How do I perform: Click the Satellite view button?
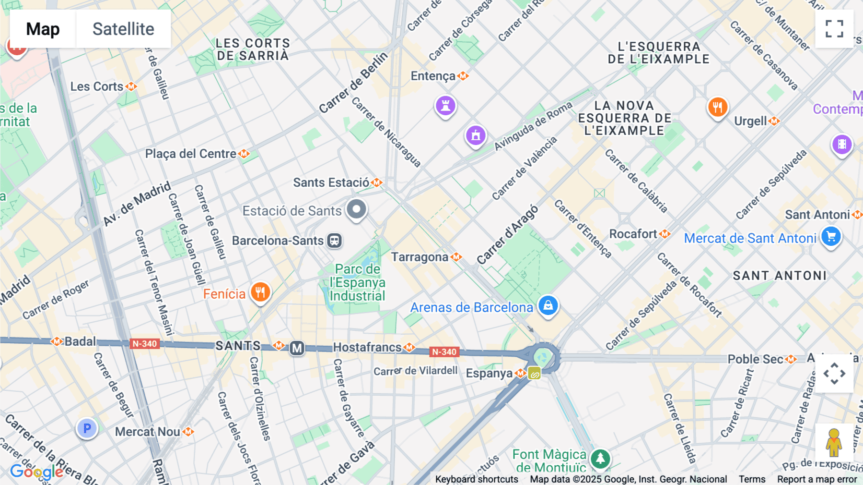pos(123,29)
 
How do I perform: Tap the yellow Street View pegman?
pos(834,443)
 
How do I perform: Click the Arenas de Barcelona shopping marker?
pos(548,305)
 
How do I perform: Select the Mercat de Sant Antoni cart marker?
pos(831,237)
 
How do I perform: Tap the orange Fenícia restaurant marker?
pos(260,292)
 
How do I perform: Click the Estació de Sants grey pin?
pos(356,209)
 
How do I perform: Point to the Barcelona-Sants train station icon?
pos(334,241)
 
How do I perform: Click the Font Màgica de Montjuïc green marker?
pos(600,459)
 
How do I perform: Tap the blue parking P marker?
pos(87,428)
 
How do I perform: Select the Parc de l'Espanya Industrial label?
pos(358,282)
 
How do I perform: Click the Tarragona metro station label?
pos(420,257)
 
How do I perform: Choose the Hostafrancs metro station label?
pos(367,347)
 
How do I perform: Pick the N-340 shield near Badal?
pos(144,344)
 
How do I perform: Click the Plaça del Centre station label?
pos(191,154)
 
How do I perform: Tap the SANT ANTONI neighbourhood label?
pos(780,276)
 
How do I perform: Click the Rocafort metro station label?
pos(633,234)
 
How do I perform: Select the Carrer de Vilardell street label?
pos(415,371)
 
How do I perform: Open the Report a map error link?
pos(817,479)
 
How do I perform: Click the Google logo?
pos(36,472)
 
